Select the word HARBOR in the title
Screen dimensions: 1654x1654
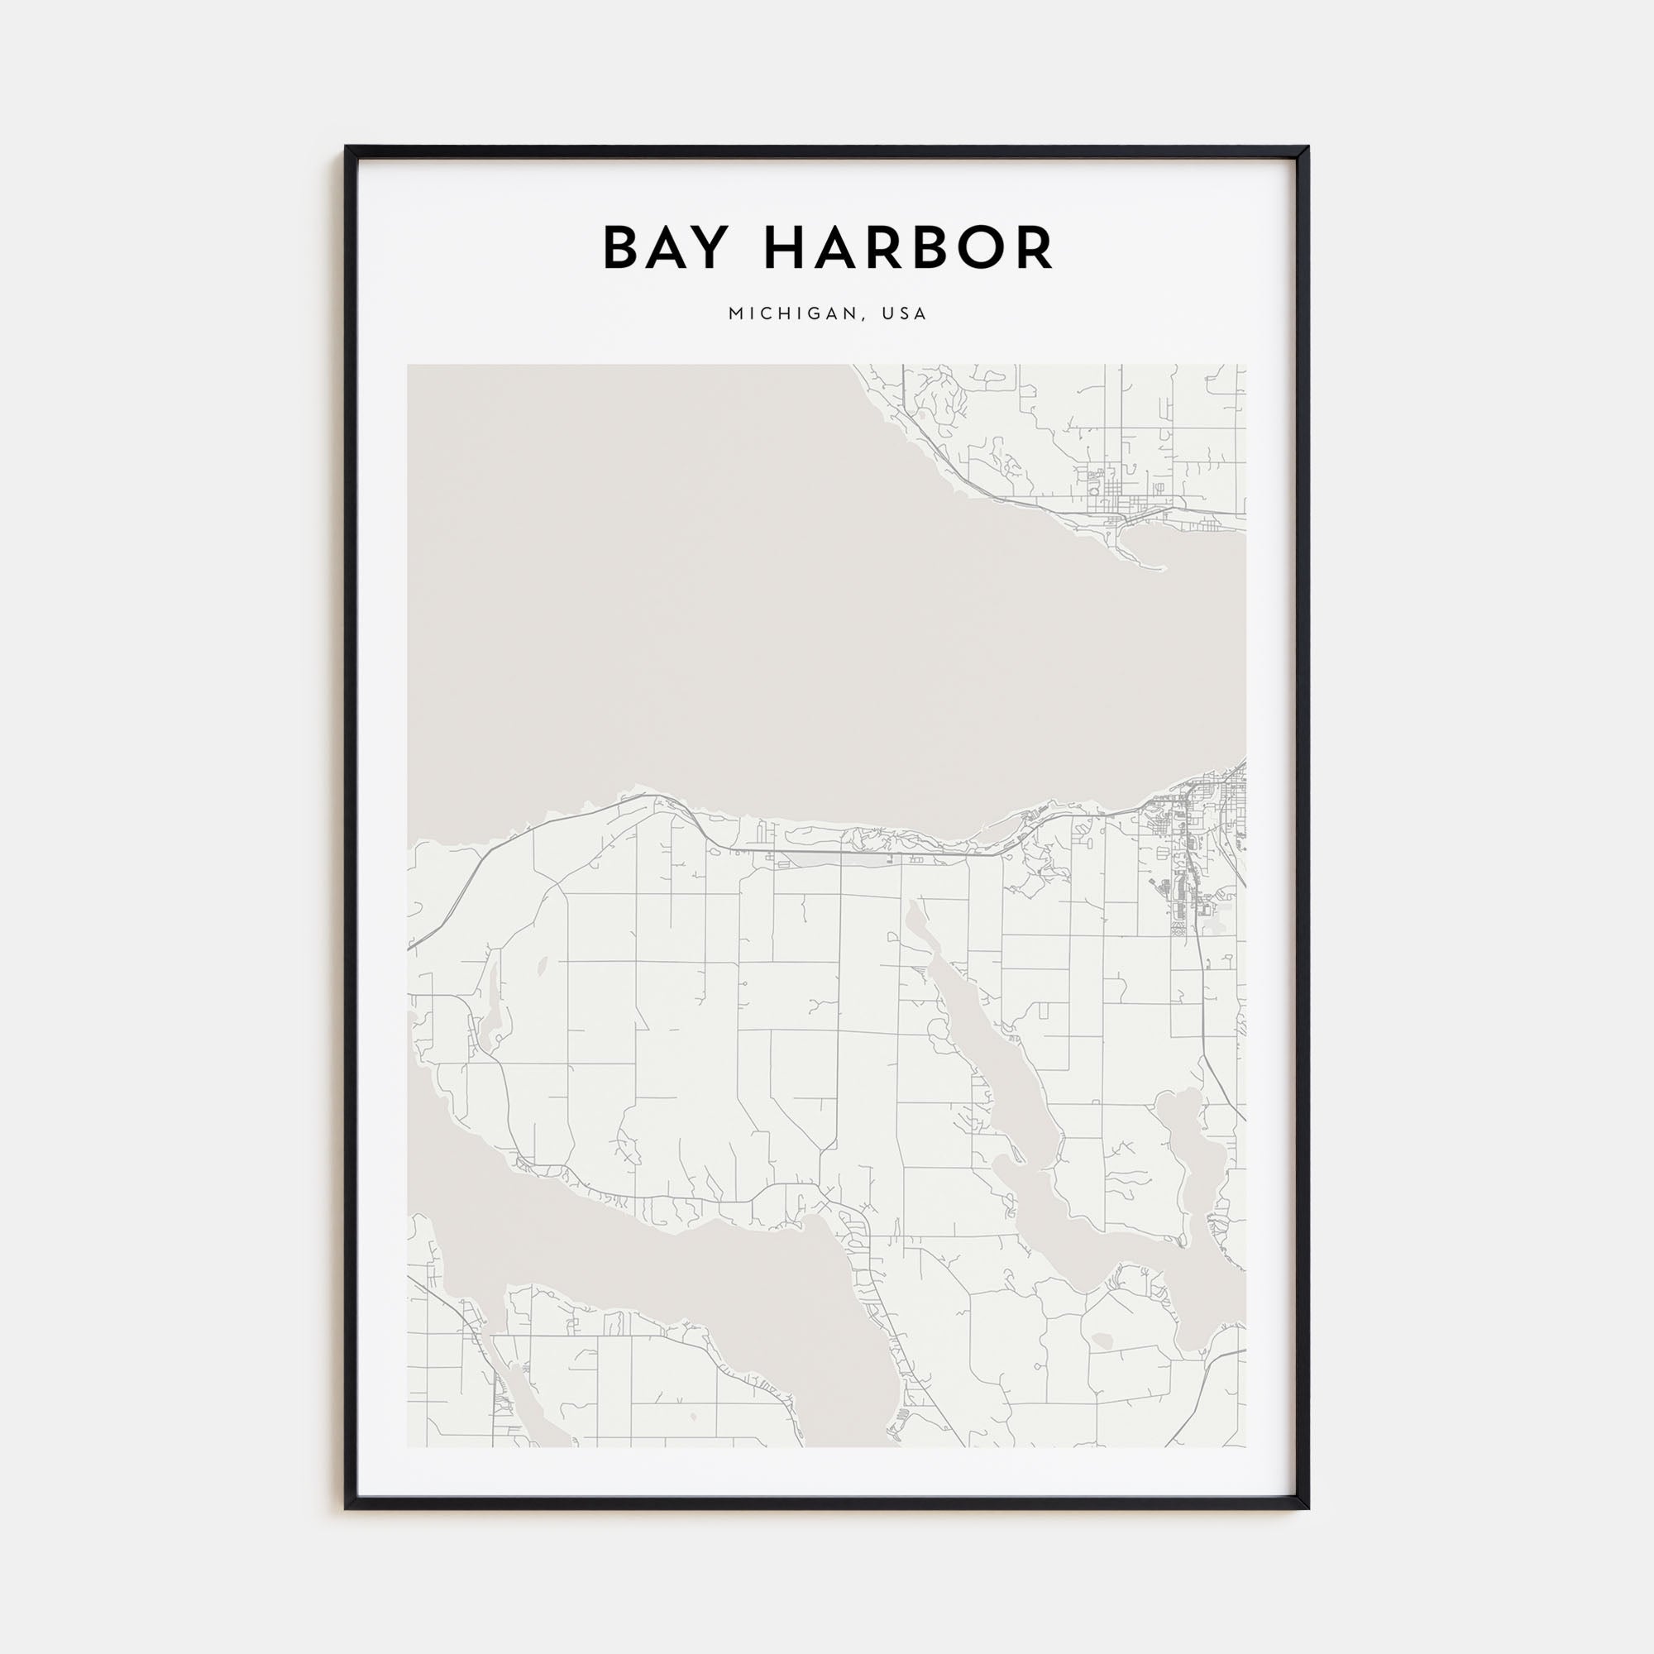point(907,248)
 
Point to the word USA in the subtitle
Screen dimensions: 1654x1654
point(906,314)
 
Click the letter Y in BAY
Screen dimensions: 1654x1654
point(721,248)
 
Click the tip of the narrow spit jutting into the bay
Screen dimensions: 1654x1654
point(1164,567)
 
